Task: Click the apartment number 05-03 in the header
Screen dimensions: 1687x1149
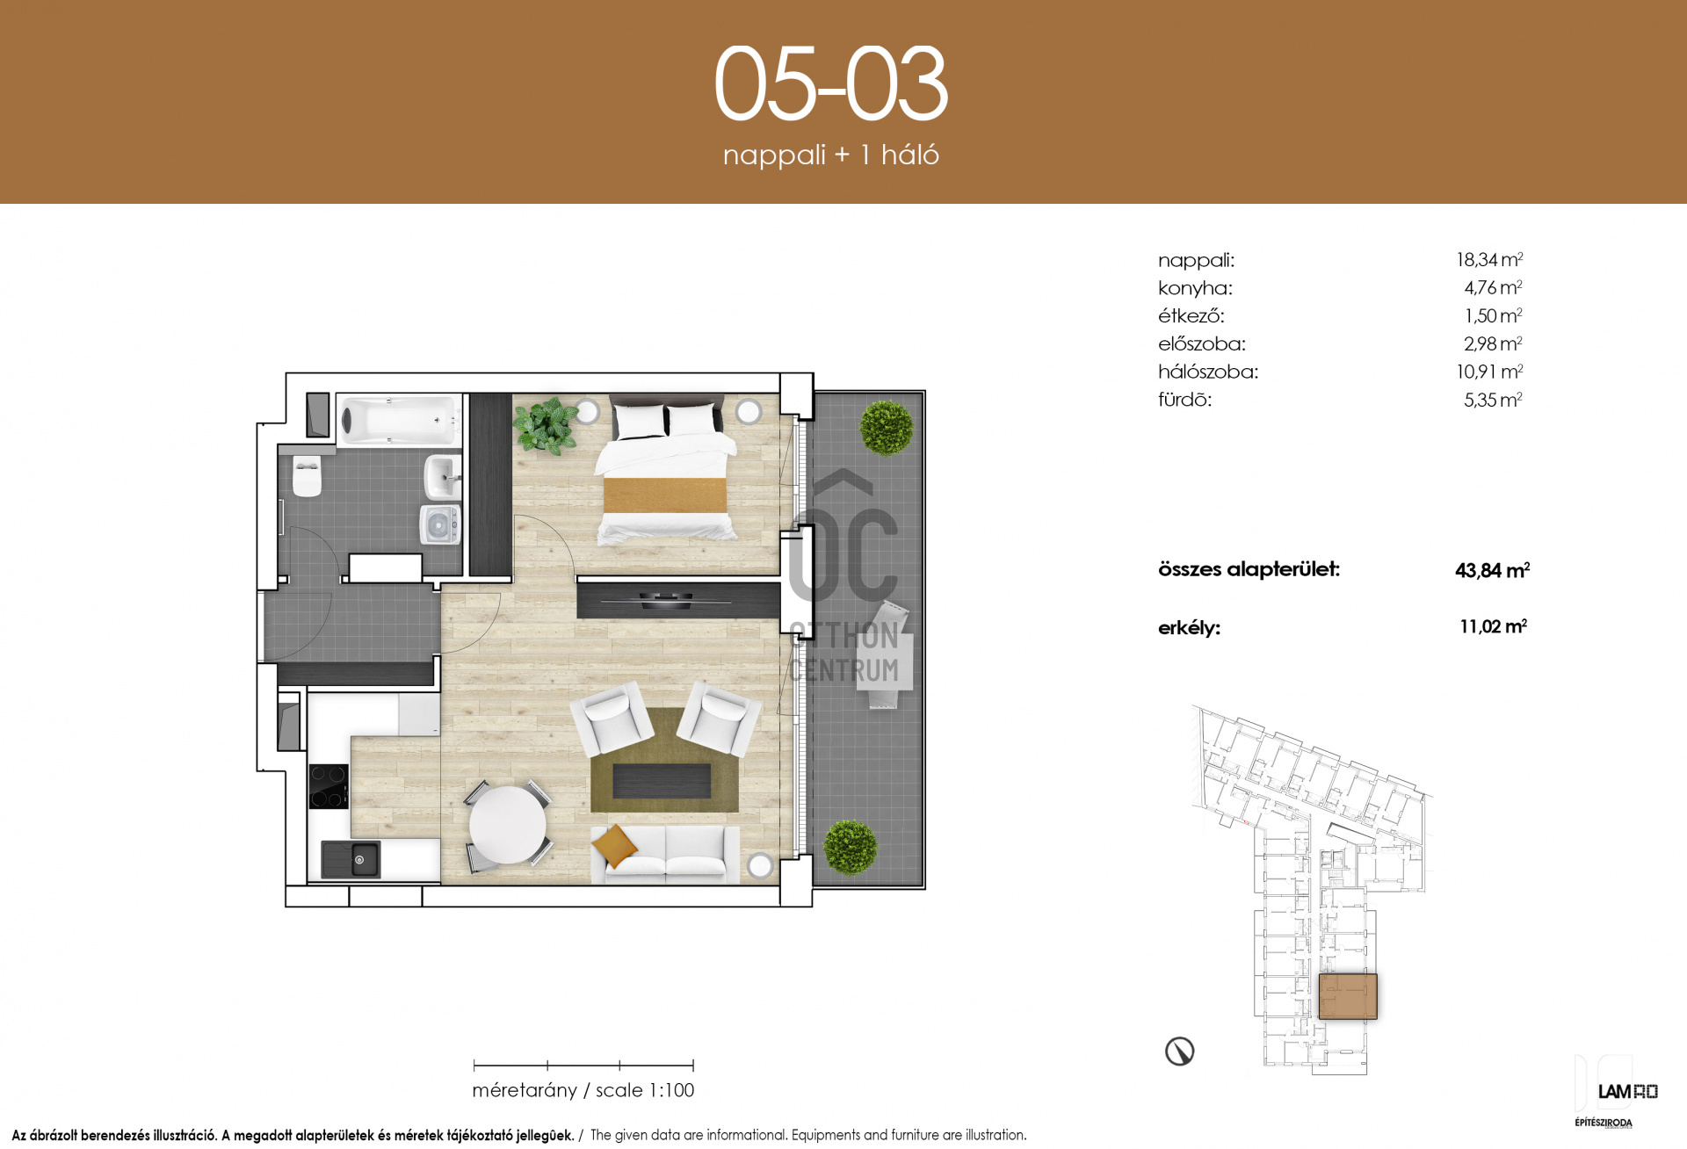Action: tap(831, 83)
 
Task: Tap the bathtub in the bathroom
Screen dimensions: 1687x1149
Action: tap(400, 420)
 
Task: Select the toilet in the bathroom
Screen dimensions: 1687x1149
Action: tap(307, 475)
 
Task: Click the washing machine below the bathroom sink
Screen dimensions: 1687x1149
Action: tap(439, 524)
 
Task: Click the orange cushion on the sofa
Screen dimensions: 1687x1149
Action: tap(614, 846)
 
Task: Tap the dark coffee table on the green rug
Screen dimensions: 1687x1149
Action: tap(662, 781)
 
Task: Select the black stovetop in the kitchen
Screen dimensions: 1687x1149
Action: tap(329, 786)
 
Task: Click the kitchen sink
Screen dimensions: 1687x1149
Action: tap(351, 859)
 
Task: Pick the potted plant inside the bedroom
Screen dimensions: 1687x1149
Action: tap(546, 425)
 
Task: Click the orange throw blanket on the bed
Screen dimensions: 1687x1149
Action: tap(665, 495)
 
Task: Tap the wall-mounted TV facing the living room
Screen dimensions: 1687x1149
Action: tap(684, 601)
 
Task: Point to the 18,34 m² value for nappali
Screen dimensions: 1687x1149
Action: tap(1489, 260)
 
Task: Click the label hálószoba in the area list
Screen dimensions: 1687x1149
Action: tap(1208, 372)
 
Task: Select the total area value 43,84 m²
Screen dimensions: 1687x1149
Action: tap(1492, 570)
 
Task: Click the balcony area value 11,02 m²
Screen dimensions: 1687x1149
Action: tap(1493, 626)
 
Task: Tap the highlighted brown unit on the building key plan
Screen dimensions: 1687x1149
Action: tap(1348, 996)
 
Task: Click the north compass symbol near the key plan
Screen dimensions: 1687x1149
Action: tap(1179, 1051)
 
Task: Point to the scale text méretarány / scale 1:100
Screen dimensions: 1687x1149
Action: tap(583, 1091)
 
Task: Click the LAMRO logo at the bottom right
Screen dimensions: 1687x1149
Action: tap(1627, 1092)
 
